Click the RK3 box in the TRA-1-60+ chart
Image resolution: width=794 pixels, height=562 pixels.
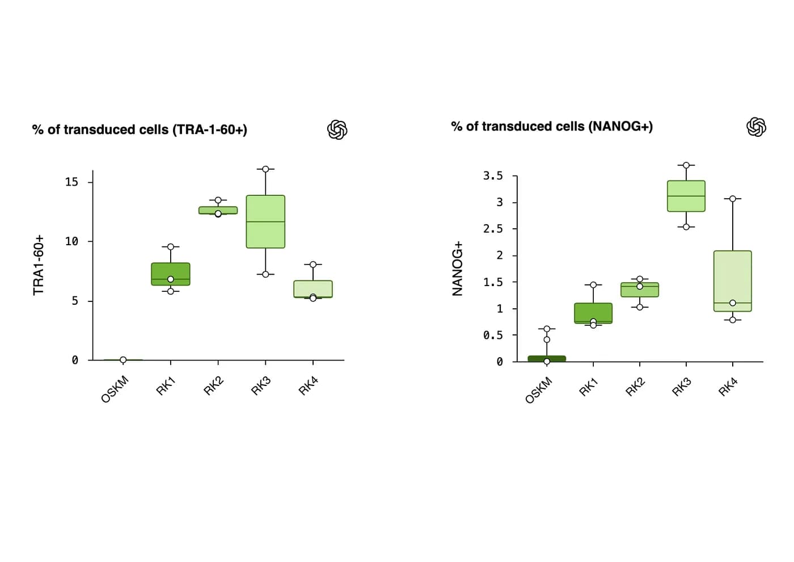tap(265, 221)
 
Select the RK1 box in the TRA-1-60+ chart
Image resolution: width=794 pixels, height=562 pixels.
tap(171, 274)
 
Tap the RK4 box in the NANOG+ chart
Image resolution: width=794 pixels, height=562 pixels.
tap(732, 280)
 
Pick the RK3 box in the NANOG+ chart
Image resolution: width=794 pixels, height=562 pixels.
tap(686, 196)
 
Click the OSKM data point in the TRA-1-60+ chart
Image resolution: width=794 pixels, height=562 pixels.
tap(123, 360)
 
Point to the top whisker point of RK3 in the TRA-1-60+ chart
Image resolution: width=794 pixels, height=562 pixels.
tap(265, 169)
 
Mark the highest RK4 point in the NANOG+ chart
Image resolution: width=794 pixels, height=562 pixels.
tap(732, 199)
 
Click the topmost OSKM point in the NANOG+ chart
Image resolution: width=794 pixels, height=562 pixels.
tap(547, 329)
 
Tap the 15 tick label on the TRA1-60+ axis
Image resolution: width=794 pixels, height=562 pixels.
tap(71, 182)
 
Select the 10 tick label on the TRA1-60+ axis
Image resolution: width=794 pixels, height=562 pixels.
tap(71, 241)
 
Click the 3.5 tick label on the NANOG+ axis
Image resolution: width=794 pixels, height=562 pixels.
tap(493, 175)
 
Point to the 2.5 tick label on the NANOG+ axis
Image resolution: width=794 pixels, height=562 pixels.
tap(493, 229)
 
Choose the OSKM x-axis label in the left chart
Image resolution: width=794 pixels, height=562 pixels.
tap(115, 389)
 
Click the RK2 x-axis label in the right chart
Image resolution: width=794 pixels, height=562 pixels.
tap(635, 387)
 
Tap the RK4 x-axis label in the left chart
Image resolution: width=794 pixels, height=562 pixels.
tap(308, 386)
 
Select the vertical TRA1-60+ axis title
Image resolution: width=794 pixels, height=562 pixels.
tap(39, 265)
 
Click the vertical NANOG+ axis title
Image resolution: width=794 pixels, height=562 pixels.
tap(458, 269)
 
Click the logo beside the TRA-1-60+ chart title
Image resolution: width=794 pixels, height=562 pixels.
tap(337, 129)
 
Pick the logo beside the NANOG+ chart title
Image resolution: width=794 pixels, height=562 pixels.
tap(756, 127)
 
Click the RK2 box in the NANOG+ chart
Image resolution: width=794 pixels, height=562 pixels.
tap(640, 290)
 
